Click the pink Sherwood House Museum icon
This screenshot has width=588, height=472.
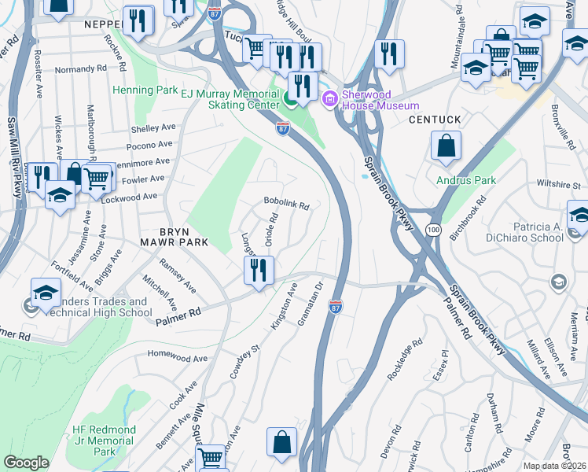point(331,98)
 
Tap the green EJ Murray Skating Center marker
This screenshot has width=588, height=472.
point(290,99)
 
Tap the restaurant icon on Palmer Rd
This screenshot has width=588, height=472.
point(258,271)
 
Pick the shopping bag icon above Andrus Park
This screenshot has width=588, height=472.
point(446,146)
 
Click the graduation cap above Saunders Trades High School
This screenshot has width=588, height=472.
point(46,293)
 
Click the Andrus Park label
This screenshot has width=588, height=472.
point(466,180)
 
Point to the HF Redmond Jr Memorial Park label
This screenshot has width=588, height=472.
point(104,441)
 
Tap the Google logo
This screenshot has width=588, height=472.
point(26,463)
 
